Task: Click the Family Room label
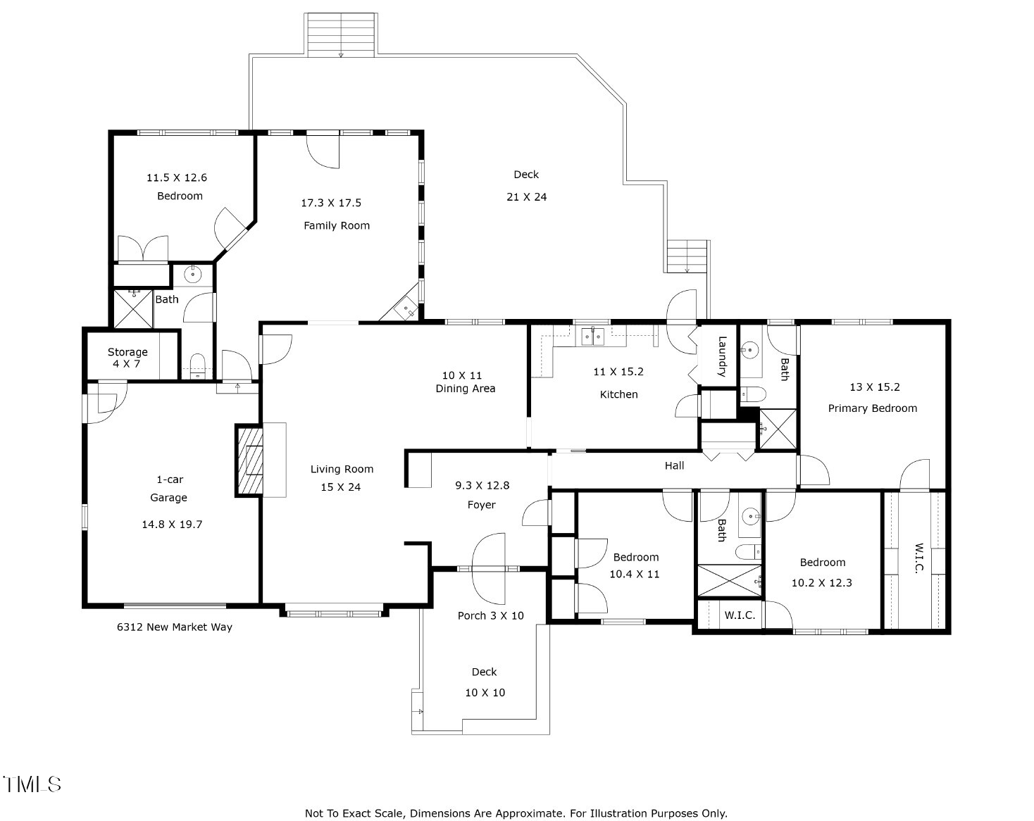coord(337,225)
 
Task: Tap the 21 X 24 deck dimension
coord(526,197)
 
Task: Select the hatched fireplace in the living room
coord(249,460)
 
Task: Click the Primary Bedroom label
coord(872,408)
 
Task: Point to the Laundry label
coord(722,356)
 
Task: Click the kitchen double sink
coord(592,337)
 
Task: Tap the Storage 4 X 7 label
coord(127,358)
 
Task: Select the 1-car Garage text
coord(169,489)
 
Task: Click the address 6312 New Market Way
coord(174,627)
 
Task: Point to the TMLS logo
coord(32,784)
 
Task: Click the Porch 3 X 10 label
coord(490,615)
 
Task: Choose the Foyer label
coord(481,505)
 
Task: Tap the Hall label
coord(674,465)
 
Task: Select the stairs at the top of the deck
coord(341,34)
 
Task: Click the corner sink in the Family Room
coord(407,308)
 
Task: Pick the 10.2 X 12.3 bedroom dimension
coord(821,583)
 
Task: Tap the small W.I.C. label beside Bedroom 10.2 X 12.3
coord(740,615)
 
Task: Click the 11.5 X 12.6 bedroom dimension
coord(177,178)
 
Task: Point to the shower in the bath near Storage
coord(133,308)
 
